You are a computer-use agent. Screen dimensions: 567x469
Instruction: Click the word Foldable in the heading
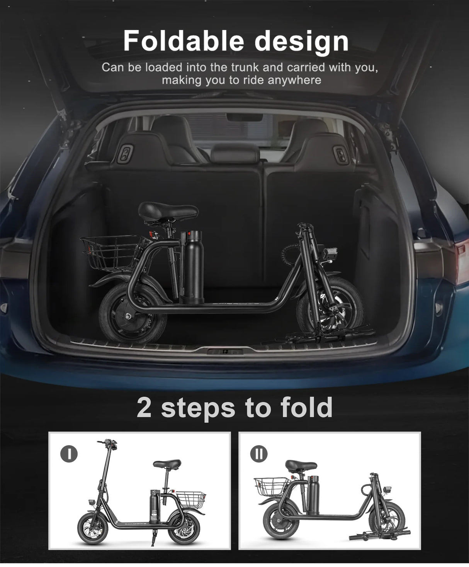click(184, 41)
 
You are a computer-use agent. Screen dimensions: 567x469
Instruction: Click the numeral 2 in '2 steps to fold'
click(144, 408)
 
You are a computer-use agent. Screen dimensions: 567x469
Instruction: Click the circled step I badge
click(69, 454)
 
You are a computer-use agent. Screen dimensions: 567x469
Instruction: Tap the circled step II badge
click(258, 454)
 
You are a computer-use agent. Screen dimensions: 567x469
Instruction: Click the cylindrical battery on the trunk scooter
click(194, 266)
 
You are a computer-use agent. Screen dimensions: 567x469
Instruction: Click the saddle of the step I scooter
click(167, 464)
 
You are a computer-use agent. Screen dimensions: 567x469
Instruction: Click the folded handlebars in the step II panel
click(379, 535)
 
